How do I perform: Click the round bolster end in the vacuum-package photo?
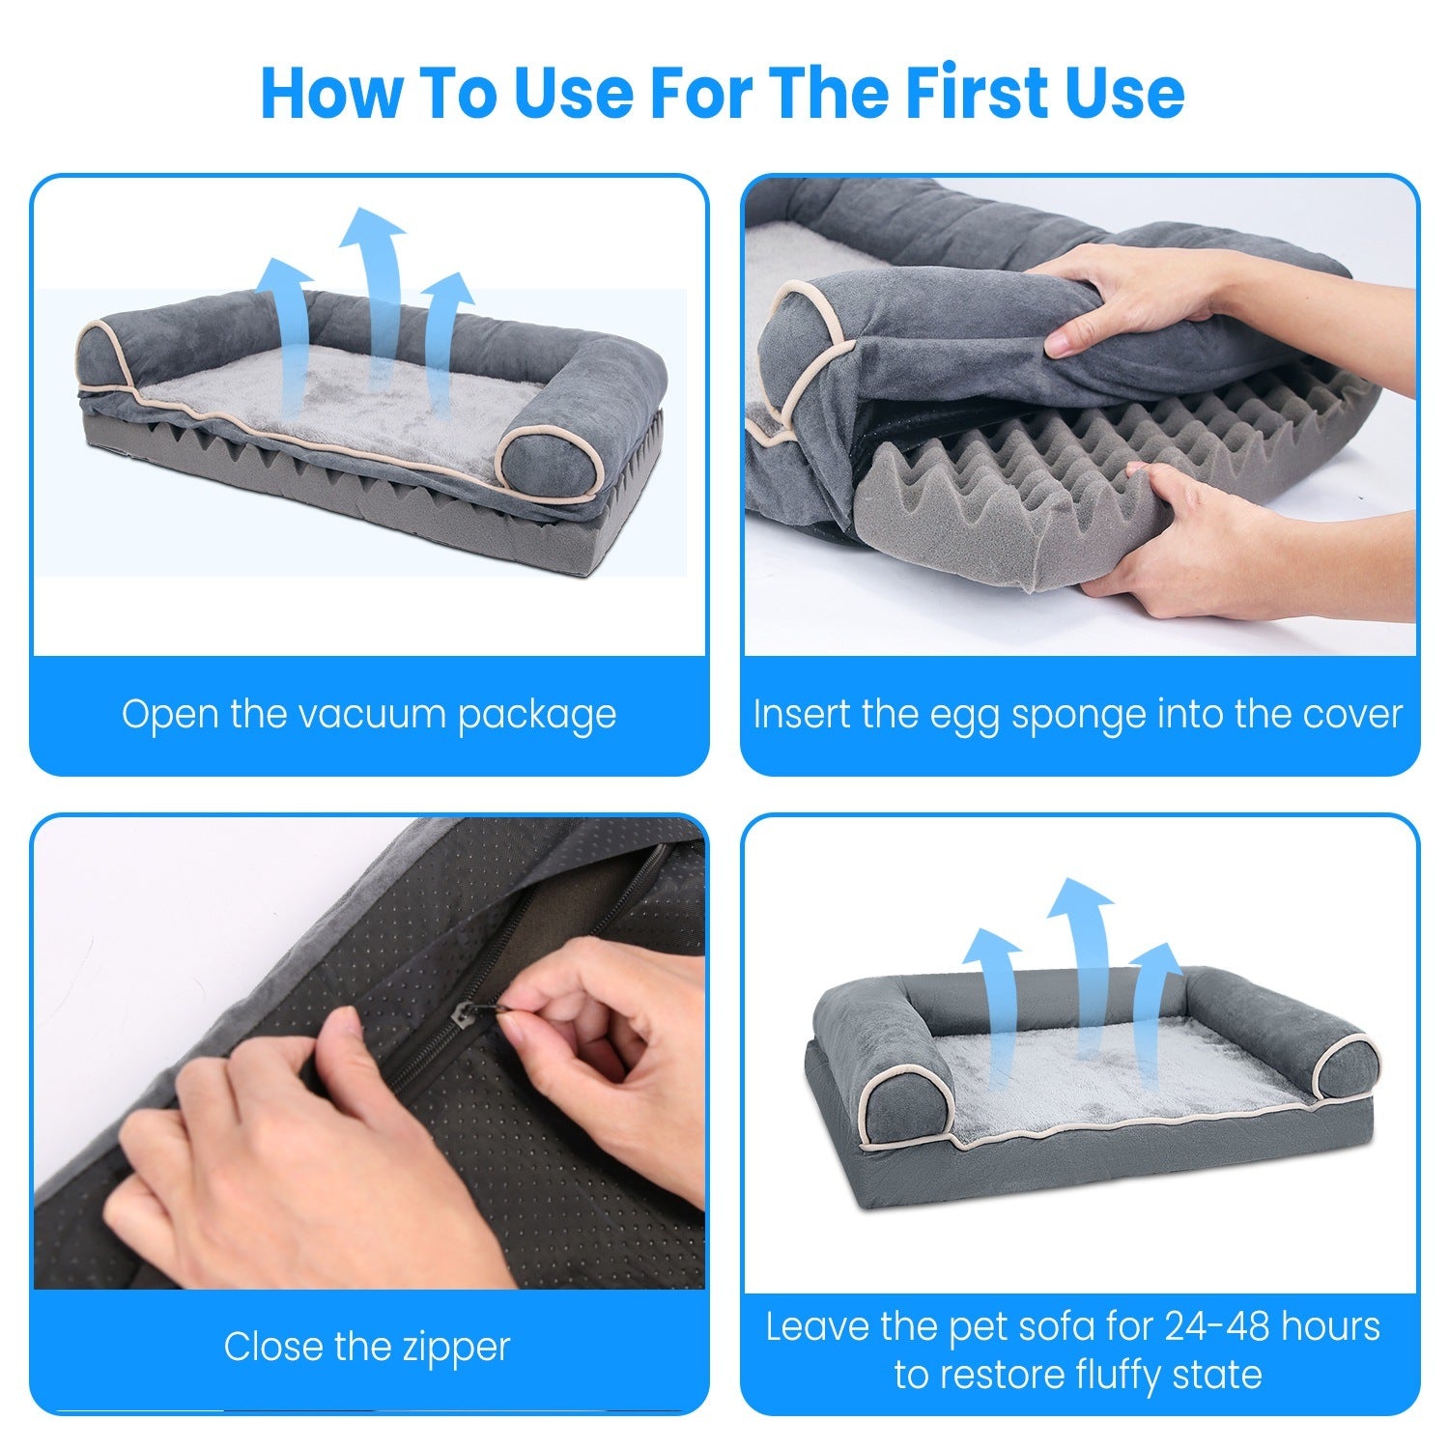(551, 469)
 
